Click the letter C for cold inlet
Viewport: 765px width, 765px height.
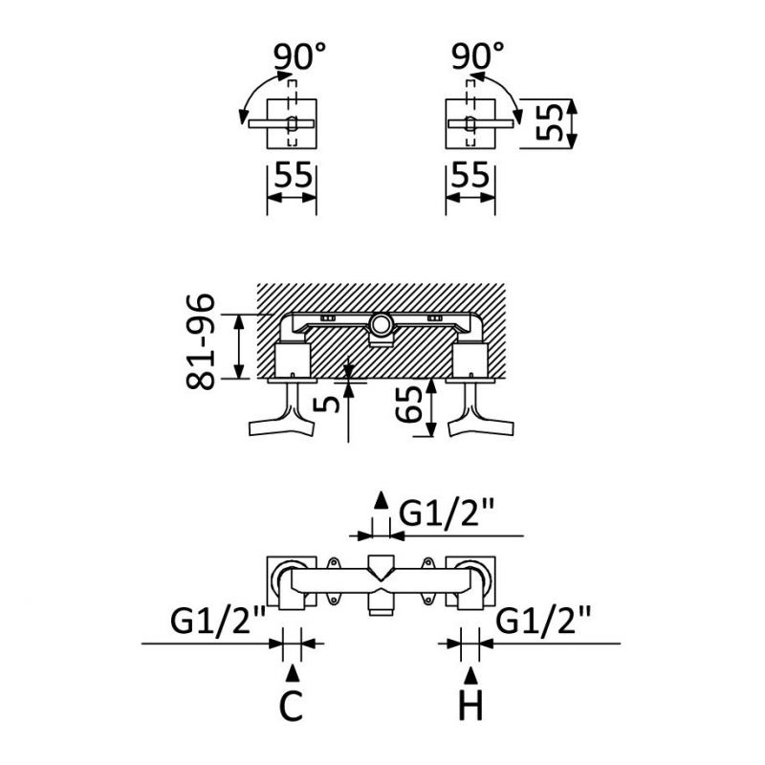[291, 706]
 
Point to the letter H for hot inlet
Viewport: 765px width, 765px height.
[470, 706]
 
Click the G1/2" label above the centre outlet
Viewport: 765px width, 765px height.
[446, 514]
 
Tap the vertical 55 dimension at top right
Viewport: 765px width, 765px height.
[548, 122]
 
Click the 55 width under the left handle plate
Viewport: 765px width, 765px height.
[292, 175]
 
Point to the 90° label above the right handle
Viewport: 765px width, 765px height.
[475, 56]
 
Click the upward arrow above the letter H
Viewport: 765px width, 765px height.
[470, 674]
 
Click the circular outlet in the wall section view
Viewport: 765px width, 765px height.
[381, 325]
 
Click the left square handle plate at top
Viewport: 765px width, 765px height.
[290, 122]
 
